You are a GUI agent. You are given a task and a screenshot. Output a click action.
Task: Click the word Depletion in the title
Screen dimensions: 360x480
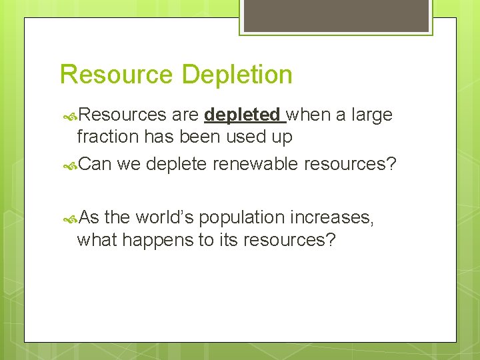237,75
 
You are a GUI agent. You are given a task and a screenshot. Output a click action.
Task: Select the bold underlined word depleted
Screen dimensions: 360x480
242,115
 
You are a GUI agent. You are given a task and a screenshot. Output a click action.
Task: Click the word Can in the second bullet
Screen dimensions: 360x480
95,164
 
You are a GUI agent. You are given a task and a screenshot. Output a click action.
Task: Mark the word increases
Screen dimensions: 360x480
335,218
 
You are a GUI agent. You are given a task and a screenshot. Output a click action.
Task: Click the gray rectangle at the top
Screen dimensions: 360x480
335,16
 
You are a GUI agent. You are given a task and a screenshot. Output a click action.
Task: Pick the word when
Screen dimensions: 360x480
309,115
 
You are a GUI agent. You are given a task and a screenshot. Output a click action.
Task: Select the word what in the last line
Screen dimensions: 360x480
98,240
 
